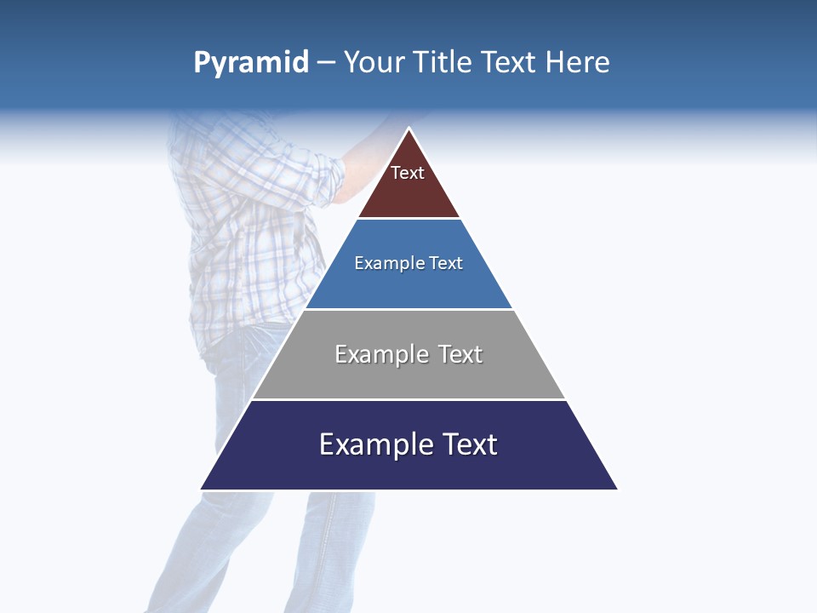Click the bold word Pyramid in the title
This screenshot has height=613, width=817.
[251, 63]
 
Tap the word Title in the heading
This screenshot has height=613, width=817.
[442, 63]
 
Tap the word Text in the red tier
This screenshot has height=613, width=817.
[408, 173]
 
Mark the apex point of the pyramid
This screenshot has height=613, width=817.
[409, 129]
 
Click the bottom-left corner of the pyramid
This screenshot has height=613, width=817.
[202, 489]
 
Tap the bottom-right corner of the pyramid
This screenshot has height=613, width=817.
[617, 489]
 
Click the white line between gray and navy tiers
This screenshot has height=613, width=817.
[408, 399]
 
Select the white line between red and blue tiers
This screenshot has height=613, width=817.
[408, 219]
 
